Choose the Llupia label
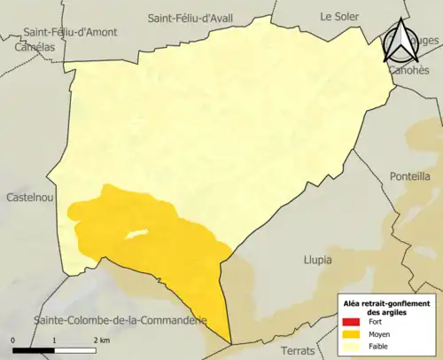316,260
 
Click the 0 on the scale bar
13,340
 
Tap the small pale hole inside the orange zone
135,235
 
